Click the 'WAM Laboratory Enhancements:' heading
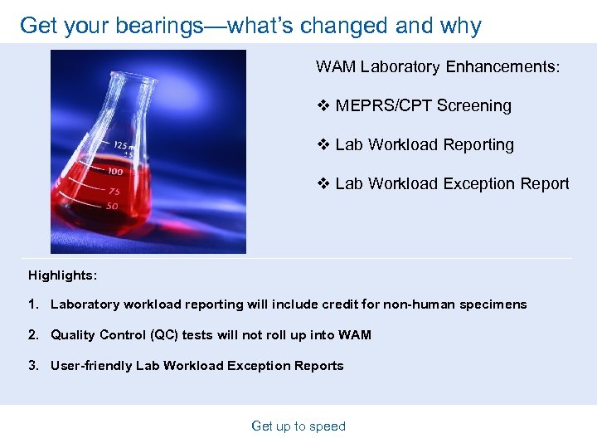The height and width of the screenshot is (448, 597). coord(438,66)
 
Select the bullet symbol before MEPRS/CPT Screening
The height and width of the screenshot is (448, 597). coord(323,105)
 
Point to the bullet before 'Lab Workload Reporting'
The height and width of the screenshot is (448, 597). coord(323,144)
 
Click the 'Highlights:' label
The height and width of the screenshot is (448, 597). coord(62,275)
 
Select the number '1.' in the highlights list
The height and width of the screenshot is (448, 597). coord(34,304)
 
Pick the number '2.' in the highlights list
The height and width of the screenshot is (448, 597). coord(34,335)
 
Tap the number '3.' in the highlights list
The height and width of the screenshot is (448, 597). coord(34,366)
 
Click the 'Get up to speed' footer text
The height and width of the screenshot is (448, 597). coord(298,426)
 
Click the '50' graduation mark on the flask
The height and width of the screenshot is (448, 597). coord(111,206)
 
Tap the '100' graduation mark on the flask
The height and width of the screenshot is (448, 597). coord(114,172)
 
